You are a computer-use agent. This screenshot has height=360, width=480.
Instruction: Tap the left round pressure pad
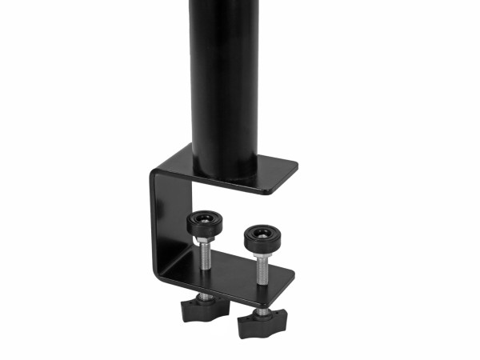(204, 223)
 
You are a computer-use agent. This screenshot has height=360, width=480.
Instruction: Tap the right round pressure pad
(259, 236)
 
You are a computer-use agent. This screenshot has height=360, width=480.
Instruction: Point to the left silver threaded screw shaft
(205, 254)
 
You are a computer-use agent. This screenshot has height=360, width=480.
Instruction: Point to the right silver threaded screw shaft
(261, 268)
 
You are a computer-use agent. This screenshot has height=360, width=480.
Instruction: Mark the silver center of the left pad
(205, 218)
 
